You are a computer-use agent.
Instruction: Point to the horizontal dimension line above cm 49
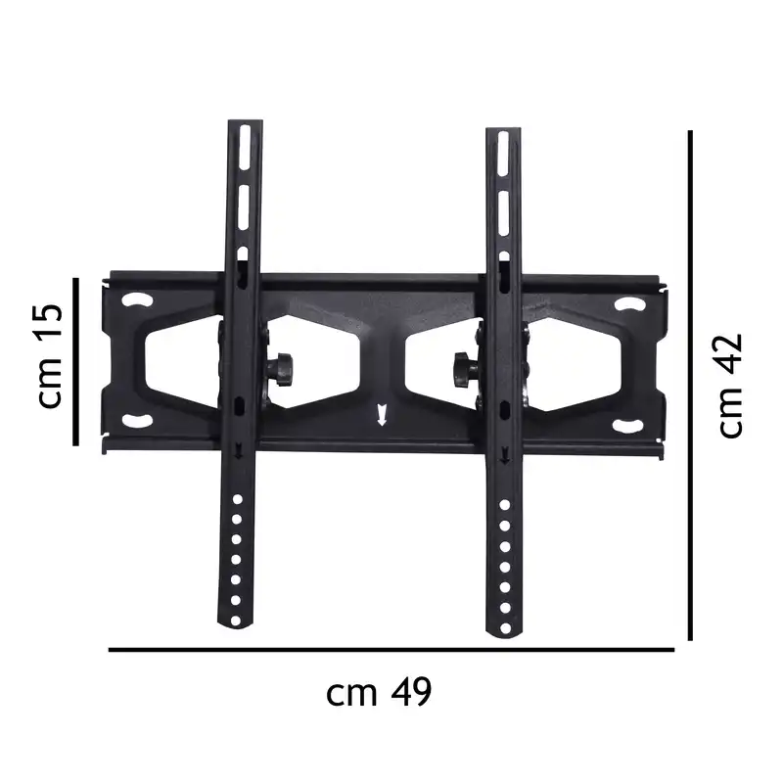tap(391, 649)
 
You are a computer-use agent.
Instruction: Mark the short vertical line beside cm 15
tap(75, 360)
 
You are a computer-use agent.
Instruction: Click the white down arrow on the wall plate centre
tap(382, 416)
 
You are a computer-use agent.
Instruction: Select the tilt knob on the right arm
tap(462, 370)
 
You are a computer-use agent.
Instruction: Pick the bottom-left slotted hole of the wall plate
tap(136, 422)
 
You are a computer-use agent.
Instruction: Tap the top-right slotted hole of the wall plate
tap(631, 304)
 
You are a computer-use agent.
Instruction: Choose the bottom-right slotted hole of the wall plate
tap(627, 424)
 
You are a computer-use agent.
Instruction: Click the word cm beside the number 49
tap(352, 694)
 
